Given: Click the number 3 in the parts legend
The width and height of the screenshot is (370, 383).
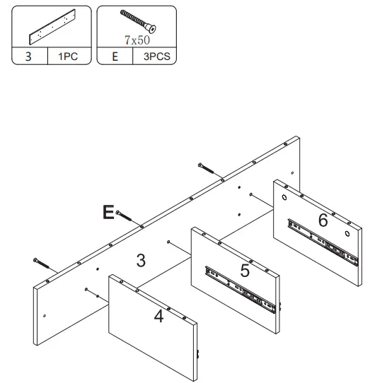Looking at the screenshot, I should point(28,57).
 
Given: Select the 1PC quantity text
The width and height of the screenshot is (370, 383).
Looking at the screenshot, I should point(68,57).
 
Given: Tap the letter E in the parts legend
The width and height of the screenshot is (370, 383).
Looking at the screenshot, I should point(114,57).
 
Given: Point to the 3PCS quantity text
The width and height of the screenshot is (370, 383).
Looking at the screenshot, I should point(155,57).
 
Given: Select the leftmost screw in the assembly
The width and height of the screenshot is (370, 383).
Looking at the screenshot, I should point(42,263).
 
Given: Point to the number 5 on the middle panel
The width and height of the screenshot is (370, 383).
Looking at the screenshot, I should point(245,269).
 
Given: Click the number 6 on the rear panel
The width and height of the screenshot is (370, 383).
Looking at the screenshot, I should point(323,220).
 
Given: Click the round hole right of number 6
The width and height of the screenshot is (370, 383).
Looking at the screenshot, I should point(348,232).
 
